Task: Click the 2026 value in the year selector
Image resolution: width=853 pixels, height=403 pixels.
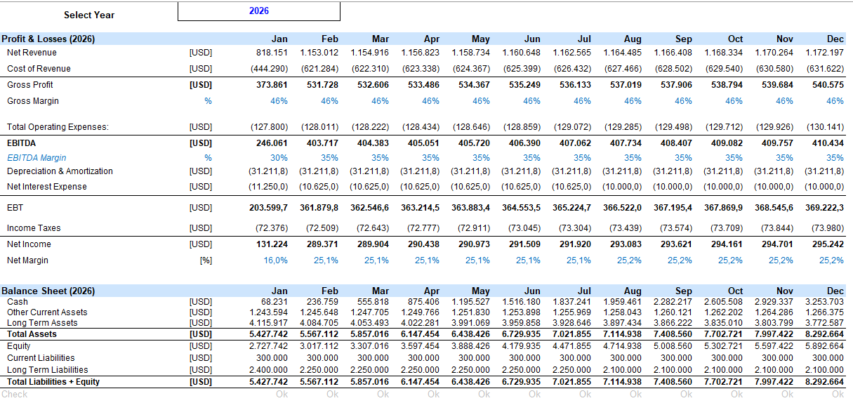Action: coord(259,11)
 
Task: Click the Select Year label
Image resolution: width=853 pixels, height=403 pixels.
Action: coord(89,15)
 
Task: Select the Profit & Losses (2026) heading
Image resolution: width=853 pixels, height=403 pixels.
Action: coord(48,39)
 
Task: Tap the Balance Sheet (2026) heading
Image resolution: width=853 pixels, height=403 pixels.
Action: coord(48,291)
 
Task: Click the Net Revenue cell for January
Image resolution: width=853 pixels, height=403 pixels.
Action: coord(272,53)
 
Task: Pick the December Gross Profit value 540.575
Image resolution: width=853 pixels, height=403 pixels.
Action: coord(828,85)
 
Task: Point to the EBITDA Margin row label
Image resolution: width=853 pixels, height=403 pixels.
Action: coord(37,158)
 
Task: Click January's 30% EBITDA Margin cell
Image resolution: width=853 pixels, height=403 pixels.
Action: coord(279,158)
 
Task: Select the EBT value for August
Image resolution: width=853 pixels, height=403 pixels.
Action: coord(622,208)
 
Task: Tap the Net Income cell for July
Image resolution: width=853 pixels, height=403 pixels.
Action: coord(575,244)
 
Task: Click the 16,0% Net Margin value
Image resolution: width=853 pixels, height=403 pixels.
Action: coord(276,260)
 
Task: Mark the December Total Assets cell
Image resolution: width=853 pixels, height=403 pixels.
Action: coord(824,334)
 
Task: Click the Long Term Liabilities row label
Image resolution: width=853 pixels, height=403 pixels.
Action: coord(48,370)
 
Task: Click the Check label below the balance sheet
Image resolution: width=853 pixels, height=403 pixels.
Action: coord(15,395)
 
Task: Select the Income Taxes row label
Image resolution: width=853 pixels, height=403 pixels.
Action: coord(34,228)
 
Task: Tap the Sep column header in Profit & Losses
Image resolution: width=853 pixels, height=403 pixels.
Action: coord(684,39)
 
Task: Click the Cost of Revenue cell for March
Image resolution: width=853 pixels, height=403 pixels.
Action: coord(370,69)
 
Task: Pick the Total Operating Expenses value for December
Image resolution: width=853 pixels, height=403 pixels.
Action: coord(825,127)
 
